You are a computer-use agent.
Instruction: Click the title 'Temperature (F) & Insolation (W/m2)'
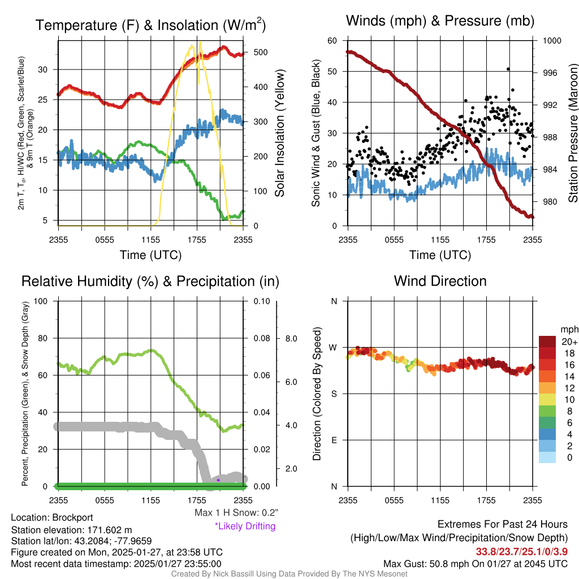coord(150,25)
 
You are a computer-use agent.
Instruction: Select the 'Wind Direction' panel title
coord(440,281)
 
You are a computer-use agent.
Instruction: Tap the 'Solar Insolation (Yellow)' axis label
coord(280,133)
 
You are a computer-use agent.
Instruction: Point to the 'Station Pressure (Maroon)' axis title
coord(573,133)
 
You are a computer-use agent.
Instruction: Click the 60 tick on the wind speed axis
coord(332,41)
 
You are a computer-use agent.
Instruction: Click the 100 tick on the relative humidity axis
coord(40,301)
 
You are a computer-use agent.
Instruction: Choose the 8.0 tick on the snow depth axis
coord(290,339)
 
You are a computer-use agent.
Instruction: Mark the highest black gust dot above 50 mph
coord(508,69)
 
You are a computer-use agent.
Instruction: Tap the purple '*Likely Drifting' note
coord(245,526)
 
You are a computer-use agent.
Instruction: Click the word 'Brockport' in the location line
coord(72,517)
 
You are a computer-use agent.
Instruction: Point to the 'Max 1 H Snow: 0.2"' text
coord(236,512)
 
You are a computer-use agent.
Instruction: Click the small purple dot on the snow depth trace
coord(218,480)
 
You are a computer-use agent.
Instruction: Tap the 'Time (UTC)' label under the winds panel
coord(440,255)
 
